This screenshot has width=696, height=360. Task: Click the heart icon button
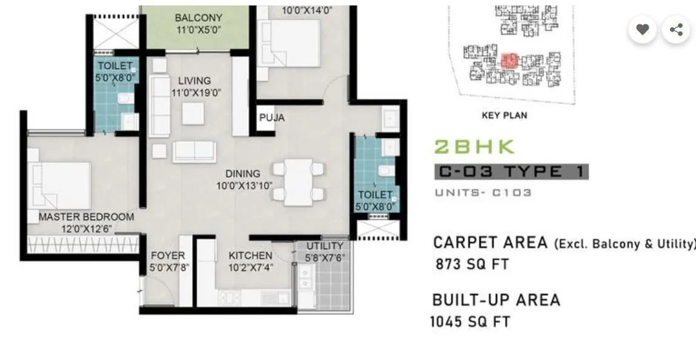coord(643,29)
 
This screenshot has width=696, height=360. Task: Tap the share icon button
coord(676,29)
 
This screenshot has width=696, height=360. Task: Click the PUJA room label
coord(272,118)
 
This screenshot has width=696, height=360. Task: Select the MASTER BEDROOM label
coord(86,216)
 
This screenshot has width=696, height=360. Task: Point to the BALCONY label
coord(198,18)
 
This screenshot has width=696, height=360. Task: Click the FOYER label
coord(168,255)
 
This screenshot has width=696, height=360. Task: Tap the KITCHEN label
coord(250,255)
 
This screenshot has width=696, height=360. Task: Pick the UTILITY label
coord(324,245)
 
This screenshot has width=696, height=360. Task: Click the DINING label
coord(243,173)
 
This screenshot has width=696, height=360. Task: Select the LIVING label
coord(194,81)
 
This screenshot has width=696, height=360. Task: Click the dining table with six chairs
coord(298,180)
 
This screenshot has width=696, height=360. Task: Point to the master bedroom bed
coord(61,184)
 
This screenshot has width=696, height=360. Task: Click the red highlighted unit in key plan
coord(509,61)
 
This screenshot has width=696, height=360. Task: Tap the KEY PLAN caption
coord(504,115)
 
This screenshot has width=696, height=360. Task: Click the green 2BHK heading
coord(474,147)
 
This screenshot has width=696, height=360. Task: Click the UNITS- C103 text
coord(483,192)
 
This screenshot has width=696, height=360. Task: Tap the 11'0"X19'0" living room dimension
coord(196,93)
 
